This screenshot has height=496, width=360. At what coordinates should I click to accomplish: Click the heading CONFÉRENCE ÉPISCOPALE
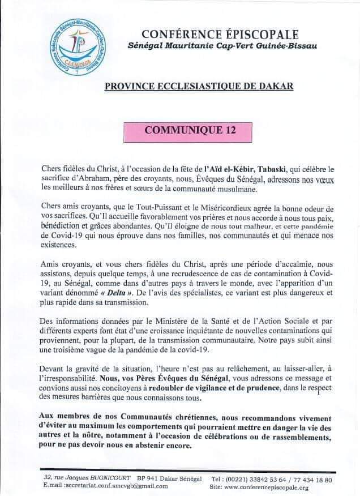tap(220, 36)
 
